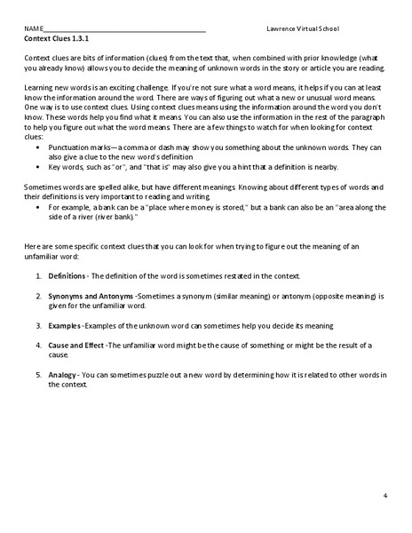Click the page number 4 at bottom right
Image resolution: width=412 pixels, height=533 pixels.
[386, 495]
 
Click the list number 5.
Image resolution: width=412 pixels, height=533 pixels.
[38, 376]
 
